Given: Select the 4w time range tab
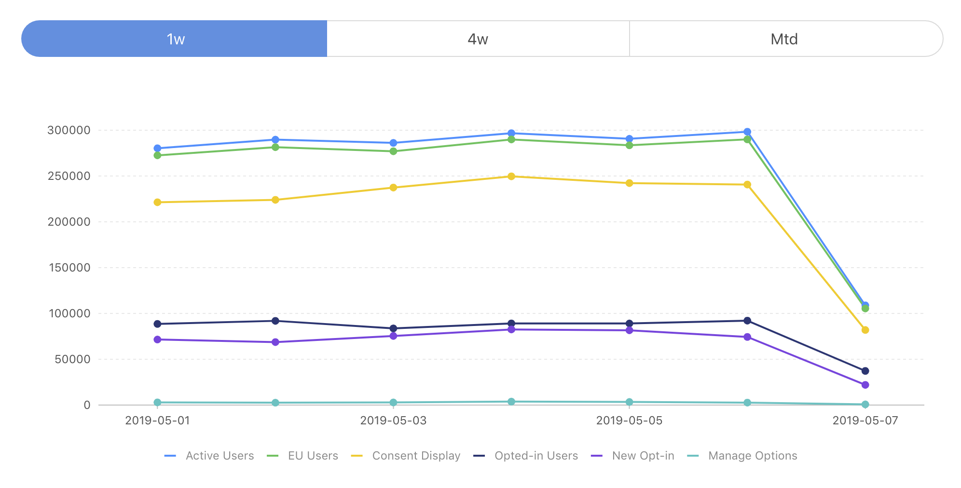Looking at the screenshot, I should pyautogui.click(x=478, y=39).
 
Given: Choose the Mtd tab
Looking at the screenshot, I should pyautogui.click(x=784, y=39).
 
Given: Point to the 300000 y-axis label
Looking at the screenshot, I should pyautogui.click(x=69, y=130).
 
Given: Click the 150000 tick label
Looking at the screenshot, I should pyautogui.click(x=69, y=268).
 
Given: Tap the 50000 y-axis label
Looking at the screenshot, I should pyautogui.click(x=72, y=359).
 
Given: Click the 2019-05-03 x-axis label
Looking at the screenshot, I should pyautogui.click(x=393, y=420).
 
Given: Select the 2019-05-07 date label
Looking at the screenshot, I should pyautogui.click(x=865, y=420).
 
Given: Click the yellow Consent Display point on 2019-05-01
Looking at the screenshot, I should pyautogui.click(x=157, y=203).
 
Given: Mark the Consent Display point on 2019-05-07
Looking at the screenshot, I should pyautogui.click(x=865, y=330).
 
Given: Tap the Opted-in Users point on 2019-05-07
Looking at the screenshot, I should pyautogui.click(x=865, y=371).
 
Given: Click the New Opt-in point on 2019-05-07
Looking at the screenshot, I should pyautogui.click(x=865, y=385).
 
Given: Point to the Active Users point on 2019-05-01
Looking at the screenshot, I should pyautogui.click(x=157, y=149).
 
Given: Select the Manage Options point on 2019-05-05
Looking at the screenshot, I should pyautogui.click(x=629, y=402).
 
